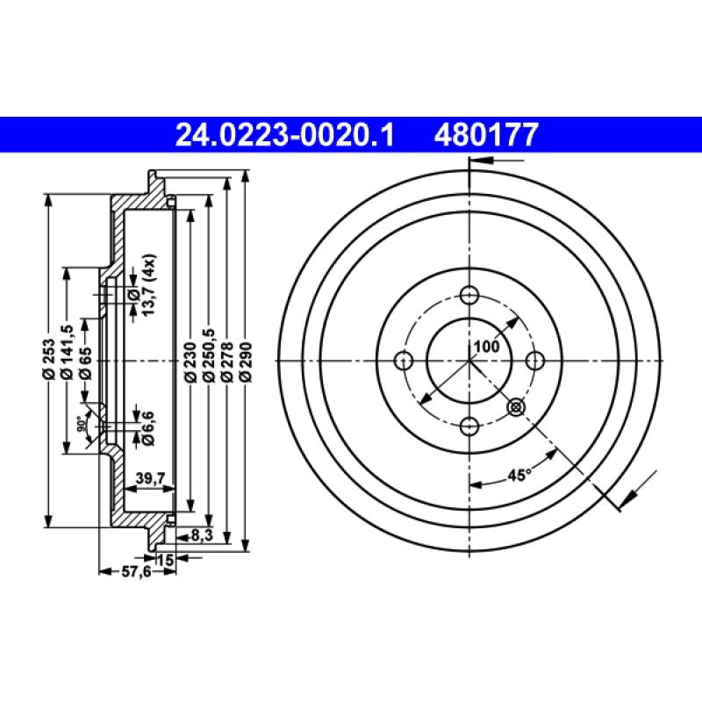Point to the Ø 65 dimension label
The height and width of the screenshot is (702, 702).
tap(84, 360)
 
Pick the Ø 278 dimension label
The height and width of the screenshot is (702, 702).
tap(227, 360)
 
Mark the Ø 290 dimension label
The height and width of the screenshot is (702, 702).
tap(246, 360)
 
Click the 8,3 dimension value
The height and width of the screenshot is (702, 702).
tap(200, 534)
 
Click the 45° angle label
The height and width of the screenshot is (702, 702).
tap(519, 475)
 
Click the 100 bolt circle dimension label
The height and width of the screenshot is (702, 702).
tap(485, 347)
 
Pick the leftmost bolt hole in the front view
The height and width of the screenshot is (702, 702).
tap(405, 360)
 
